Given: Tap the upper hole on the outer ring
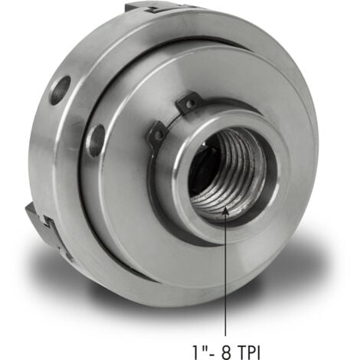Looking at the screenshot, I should pos(60,90).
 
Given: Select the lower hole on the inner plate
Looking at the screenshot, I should pos(96,140).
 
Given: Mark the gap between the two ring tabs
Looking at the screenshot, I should pos(170,116).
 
